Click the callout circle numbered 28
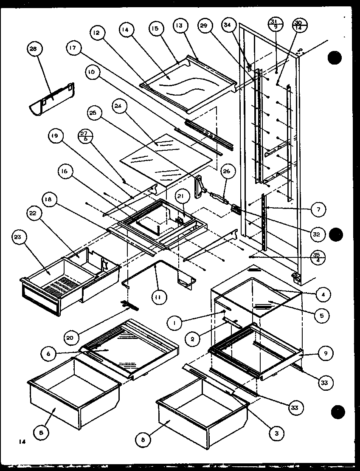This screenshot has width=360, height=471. click(33, 49)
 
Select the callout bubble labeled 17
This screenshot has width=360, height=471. click(73, 48)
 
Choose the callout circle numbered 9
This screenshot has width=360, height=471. click(325, 352)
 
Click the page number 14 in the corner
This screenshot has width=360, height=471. click(22, 442)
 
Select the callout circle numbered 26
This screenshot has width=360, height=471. click(226, 172)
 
